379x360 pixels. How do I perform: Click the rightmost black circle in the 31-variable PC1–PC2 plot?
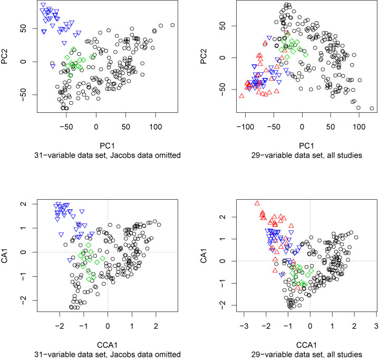click(x=172, y=25)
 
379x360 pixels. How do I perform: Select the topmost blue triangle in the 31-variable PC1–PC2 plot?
click(x=43, y=5)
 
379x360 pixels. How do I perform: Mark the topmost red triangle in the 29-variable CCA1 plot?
click(x=257, y=203)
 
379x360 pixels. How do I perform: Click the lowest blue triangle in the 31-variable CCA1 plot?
click(x=70, y=260)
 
